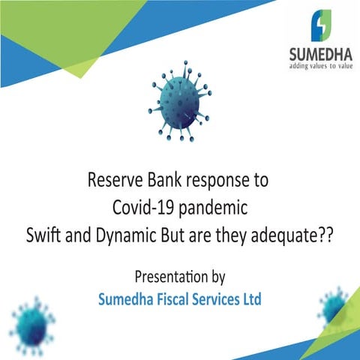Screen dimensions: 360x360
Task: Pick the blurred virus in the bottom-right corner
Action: pyautogui.click(x=333, y=305)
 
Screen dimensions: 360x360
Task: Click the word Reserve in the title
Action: pyautogui.click(x=113, y=181)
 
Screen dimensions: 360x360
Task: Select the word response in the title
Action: pyautogui.click(x=216, y=181)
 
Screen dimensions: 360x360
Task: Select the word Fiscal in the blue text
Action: pyautogui.click(x=167, y=299)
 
